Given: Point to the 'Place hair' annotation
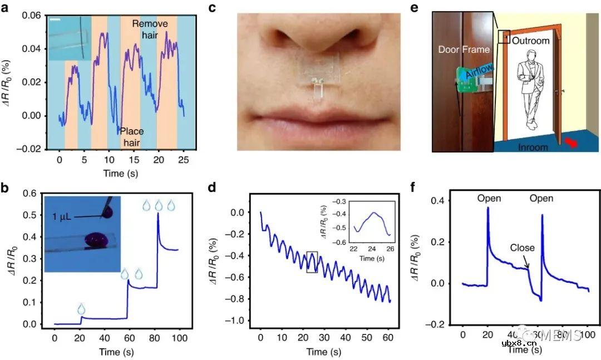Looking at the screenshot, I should point(132,137).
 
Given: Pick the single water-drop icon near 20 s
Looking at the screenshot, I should point(82,308).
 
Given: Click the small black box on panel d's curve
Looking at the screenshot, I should point(312,262).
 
